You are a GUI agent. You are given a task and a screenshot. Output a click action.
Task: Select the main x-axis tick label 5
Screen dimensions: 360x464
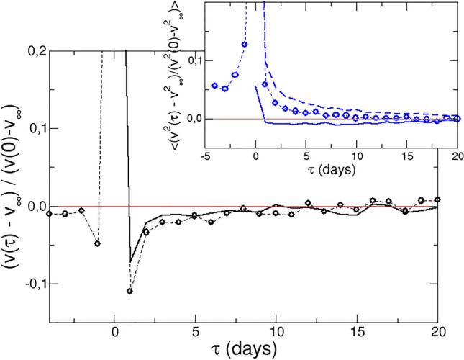click(x=196, y=333)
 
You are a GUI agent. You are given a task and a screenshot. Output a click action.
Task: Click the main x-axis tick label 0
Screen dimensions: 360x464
click(x=115, y=333)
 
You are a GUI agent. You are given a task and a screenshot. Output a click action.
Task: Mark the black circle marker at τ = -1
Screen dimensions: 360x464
click(x=98, y=243)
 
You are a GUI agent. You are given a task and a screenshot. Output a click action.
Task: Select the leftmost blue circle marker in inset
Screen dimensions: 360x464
click(x=215, y=86)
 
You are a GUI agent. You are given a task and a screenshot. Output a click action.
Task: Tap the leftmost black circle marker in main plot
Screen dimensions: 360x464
click(x=49, y=214)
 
